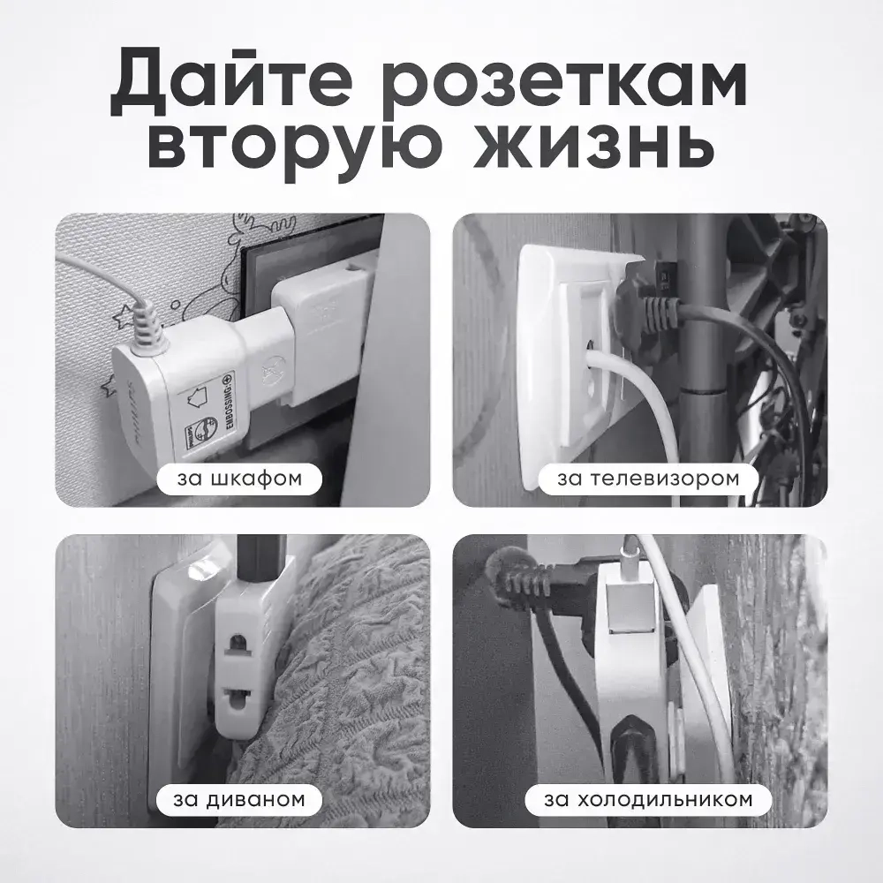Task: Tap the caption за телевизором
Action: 647,479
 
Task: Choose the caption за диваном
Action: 240,800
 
